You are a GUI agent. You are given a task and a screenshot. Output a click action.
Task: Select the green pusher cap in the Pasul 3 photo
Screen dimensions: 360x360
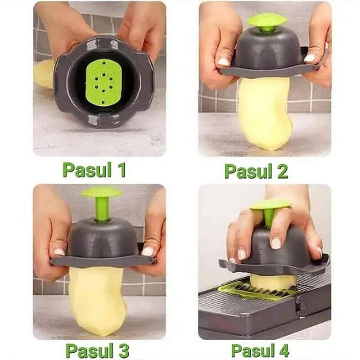pos(101,193)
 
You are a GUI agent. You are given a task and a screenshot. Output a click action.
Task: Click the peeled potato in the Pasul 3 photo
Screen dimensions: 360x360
pos(97,297)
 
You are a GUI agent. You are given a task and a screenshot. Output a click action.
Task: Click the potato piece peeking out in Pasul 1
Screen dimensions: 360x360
pos(43,74)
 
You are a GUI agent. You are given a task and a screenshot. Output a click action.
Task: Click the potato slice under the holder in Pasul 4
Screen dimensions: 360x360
pos(274,281)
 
